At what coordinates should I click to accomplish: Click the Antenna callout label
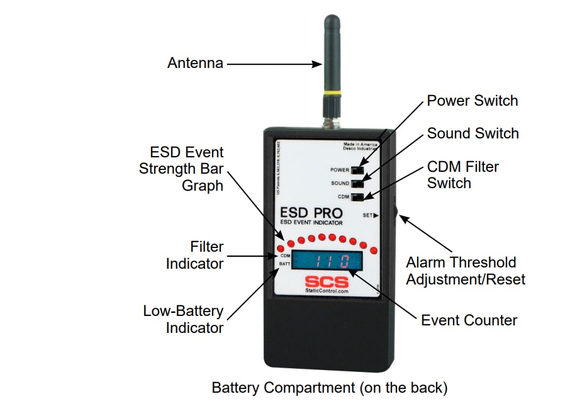(195, 63)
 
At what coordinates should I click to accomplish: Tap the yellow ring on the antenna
(331, 95)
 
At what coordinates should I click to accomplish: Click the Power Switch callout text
(472, 101)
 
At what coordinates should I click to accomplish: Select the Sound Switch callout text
(472, 133)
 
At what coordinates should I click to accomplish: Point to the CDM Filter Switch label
(462, 175)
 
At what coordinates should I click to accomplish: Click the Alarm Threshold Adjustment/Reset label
(465, 271)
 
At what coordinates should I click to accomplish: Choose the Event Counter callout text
(469, 320)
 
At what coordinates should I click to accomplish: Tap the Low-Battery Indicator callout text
(183, 319)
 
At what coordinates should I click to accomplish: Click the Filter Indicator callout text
(194, 255)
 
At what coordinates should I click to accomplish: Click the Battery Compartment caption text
(329, 388)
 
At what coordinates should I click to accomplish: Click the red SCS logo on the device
(326, 281)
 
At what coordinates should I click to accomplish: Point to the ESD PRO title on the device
(311, 213)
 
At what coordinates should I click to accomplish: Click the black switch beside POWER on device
(357, 170)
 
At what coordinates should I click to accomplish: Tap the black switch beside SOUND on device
(357, 183)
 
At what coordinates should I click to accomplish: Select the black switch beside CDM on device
(357, 197)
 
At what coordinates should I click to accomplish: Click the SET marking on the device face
(369, 215)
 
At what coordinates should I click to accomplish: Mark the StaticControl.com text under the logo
(326, 291)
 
